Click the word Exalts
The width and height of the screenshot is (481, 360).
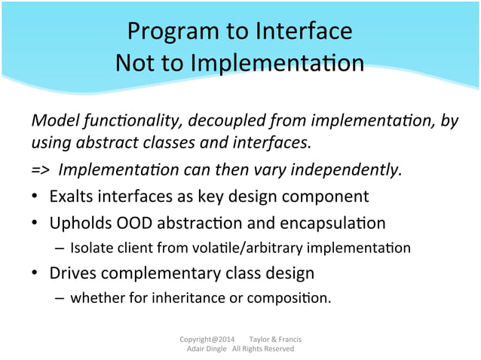[x=73, y=197]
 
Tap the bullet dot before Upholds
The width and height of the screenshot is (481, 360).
[x=35, y=224]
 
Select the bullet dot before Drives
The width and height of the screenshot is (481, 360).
[x=35, y=273]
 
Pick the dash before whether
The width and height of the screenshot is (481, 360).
[x=60, y=297]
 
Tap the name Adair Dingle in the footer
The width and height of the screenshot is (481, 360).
[x=207, y=349]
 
